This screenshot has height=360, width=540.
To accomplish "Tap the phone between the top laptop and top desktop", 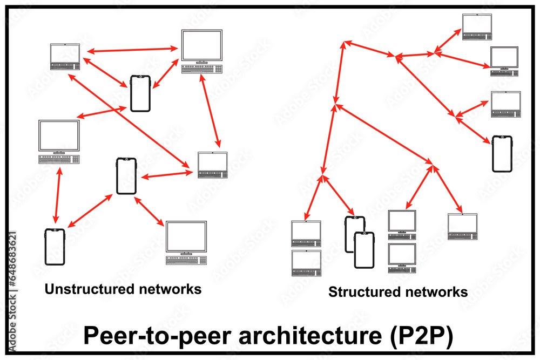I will (140, 93).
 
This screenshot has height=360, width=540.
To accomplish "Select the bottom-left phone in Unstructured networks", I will (55, 247).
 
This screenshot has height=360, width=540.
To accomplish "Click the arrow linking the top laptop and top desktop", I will (133, 50).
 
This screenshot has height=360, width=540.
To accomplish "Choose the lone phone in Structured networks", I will (502, 154).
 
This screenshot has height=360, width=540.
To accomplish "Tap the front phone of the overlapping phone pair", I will (364, 250).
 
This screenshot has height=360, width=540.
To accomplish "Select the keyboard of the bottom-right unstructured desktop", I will (186, 260).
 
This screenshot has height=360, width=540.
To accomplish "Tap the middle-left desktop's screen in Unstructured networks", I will (59, 135).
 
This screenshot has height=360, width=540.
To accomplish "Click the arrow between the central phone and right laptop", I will (166, 175).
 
